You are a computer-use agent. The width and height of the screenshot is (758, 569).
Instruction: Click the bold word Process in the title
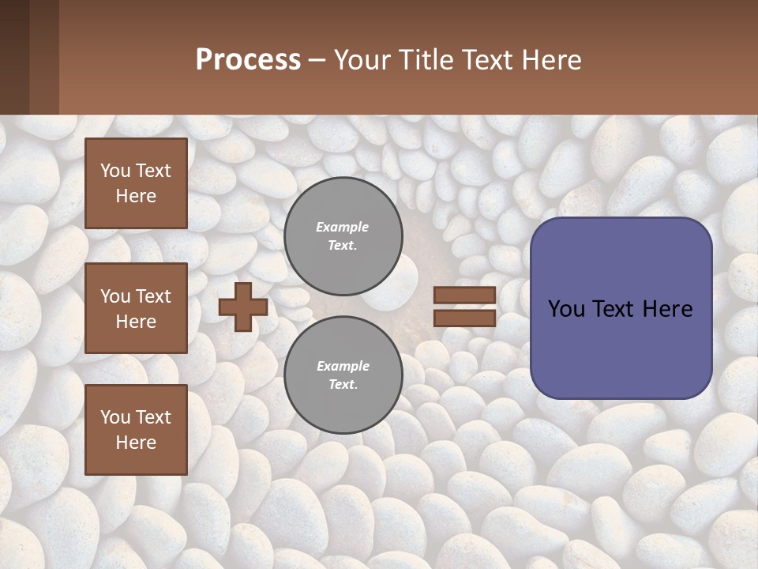point(248,60)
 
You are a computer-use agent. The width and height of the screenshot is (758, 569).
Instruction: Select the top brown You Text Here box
point(136,183)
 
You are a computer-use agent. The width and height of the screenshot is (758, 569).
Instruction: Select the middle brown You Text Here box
point(136,308)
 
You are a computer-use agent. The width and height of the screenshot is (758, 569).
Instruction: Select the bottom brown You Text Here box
point(136,430)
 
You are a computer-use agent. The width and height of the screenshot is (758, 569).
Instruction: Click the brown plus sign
point(243,307)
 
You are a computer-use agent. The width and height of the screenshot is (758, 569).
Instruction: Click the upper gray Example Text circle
point(343,236)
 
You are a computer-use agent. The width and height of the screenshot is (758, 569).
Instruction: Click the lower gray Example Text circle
point(343,375)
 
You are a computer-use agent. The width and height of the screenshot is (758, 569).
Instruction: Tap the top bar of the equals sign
point(464,296)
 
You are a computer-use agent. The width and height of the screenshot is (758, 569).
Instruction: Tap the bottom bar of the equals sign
point(464,318)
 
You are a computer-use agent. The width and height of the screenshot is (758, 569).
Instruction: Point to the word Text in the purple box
point(621,309)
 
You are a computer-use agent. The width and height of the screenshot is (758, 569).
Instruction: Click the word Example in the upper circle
point(343,228)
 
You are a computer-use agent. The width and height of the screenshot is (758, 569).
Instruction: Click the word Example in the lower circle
point(343,367)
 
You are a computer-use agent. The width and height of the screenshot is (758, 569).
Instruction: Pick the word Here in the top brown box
point(136,196)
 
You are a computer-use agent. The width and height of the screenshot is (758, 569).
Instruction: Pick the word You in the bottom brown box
point(115,417)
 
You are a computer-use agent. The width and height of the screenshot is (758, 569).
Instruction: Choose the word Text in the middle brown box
point(153,296)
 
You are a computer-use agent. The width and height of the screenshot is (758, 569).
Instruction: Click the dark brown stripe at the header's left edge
point(14,57)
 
